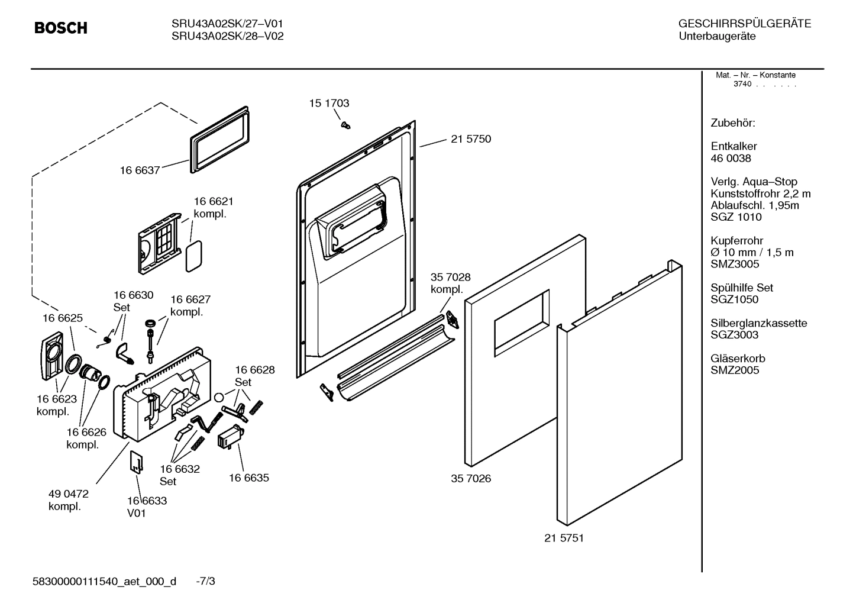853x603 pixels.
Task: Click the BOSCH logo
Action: coord(60,28)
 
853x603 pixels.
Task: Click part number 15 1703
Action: coord(329,103)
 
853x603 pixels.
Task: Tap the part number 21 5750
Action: coord(470,139)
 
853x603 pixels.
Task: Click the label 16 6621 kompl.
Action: coord(214,208)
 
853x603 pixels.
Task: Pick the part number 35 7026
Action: coord(471,478)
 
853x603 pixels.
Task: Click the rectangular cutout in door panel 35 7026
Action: coord(521,323)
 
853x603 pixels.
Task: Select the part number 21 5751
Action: coord(564,538)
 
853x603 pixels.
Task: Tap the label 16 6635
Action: coord(248,478)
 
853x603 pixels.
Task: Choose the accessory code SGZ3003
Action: coord(734,335)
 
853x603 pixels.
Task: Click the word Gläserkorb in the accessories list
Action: coord(737,359)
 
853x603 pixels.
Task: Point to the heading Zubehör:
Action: coord(732,123)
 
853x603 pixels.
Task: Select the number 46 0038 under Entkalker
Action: coord(731,158)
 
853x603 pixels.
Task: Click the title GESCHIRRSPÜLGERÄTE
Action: coord(744,24)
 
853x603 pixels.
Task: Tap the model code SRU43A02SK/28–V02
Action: coord(227,36)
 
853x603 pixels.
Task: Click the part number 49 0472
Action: coord(68,494)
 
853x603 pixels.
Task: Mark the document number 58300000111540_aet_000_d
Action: coord(104,581)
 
